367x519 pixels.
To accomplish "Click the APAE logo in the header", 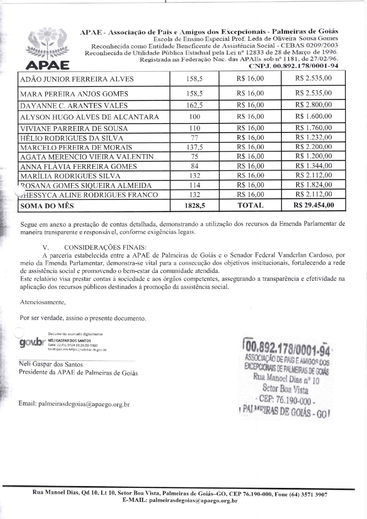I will coord(47,49).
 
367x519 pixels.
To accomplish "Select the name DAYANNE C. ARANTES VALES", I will coord(74,106).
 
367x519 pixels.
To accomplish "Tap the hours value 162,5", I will coord(194,105).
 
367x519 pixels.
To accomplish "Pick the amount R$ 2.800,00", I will coord(313,105).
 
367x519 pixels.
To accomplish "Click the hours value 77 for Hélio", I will coord(194,138).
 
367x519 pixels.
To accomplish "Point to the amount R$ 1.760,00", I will coord(313,128).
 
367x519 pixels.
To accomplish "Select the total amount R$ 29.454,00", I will coord(313,205).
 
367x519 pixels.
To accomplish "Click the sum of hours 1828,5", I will coord(195,206).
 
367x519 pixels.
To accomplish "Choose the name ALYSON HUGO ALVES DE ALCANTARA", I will coord(89,117).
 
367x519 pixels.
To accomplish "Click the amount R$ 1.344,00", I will coord(313,166).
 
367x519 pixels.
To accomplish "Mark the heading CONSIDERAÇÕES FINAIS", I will coord(105,248).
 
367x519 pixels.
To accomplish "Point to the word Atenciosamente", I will coord(43,302).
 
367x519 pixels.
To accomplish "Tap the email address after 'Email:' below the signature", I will coord(84,404).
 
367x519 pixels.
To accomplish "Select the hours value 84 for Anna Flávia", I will coord(194,166).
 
